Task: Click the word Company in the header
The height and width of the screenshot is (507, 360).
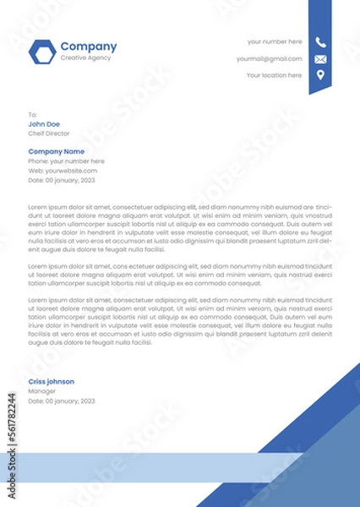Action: coord(89,46)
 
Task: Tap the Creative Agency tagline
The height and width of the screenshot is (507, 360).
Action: coord(85,57)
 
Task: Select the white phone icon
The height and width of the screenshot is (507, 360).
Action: coord(320,42)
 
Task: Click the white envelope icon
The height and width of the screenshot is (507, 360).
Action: coord(320,59)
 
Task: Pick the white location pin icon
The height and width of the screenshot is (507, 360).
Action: coord(320,76)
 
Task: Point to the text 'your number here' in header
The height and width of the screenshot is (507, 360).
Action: coord(274,41)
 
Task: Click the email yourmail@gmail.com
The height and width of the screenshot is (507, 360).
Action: coord(269,59)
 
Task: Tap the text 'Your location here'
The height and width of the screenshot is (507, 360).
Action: coord(274,75)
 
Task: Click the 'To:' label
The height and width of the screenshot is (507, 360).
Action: coord(33,114)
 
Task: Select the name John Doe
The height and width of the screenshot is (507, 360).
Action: coord(44,124)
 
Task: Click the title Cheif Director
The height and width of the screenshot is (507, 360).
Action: coord(49,134)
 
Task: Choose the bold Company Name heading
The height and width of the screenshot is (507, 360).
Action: coord(57,151)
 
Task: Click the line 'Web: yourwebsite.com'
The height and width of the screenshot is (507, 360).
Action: coord(59,171)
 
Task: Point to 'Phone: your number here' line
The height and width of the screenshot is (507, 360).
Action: coord(66,161)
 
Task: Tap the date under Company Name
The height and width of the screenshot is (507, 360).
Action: coord(62,180)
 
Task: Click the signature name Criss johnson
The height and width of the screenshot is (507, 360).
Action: coord(51,382)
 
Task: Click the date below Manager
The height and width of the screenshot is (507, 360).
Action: coord(62,401)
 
